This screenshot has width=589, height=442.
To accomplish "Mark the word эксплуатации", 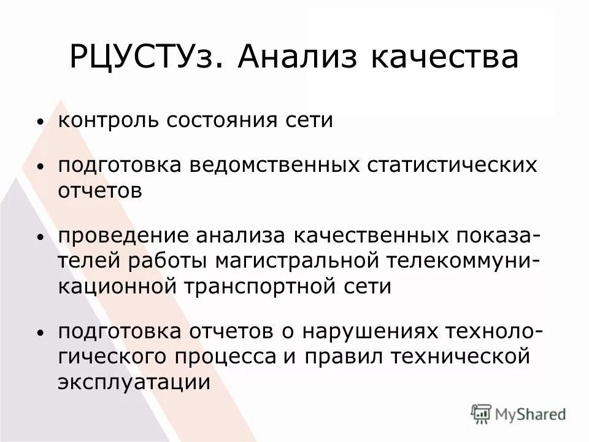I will (134, 382).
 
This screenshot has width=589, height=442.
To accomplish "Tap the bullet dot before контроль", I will (40, 122).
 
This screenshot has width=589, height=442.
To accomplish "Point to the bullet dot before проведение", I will (40, 238).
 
